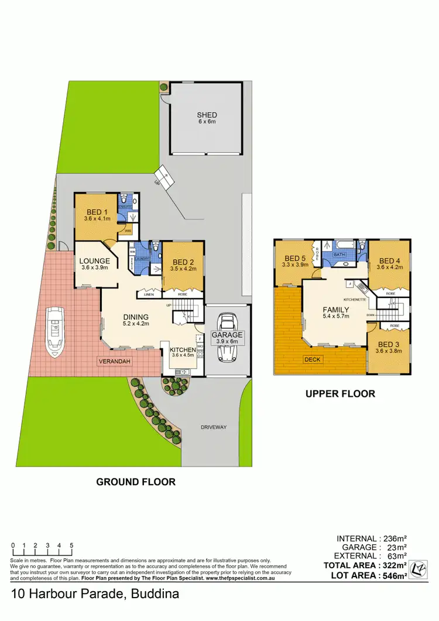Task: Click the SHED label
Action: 207,115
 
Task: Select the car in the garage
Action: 227,338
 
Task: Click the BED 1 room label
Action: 96,212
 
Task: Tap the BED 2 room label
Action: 183,262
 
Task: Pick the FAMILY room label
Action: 336,310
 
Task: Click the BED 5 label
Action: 295,259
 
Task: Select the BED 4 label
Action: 389,261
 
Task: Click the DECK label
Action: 312,359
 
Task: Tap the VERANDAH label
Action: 114,361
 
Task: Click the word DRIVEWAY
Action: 213,427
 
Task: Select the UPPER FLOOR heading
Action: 339,394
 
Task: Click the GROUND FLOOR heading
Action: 136,482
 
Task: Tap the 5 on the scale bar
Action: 71,545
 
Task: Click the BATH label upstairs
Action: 339,255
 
